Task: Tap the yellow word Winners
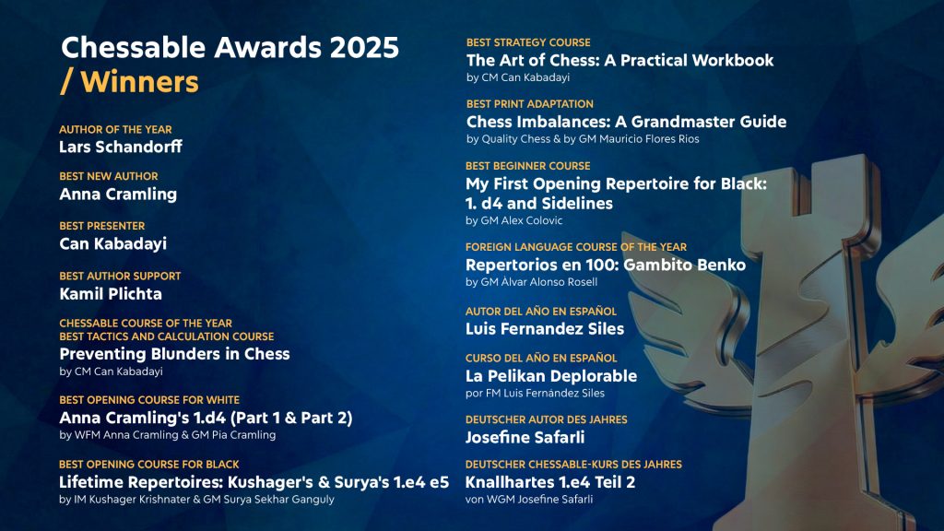tap(139, 82)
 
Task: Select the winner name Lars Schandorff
tap(121, 147)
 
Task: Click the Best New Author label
tap(109, 176)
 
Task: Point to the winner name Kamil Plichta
tap(111, 294)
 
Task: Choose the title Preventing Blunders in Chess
tap(174, 354)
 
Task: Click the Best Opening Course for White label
tap(149, 400)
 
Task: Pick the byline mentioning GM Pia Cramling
tap(168, 435)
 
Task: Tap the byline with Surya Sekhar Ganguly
tap(196, 499)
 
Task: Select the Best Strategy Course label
tap(528, 42)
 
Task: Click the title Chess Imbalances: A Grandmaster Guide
tap(626, 122)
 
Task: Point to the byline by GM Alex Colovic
tap(514, 220)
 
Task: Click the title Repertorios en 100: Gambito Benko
tap(606, 265)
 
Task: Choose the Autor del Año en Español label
tap(540, 312)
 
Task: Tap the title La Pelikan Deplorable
tap(551, 376)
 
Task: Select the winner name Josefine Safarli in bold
tap(525, 437)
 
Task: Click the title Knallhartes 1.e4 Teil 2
tap(550, 482)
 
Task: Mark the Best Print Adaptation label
tap(530, 104)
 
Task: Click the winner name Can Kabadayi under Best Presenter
tap(112, 243)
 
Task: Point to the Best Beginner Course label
tap(527, 166)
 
